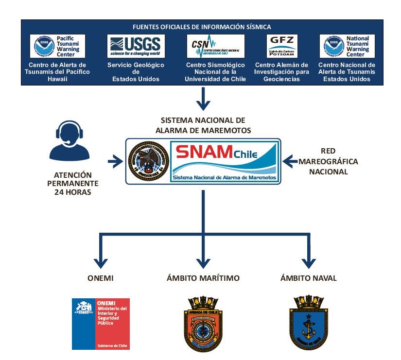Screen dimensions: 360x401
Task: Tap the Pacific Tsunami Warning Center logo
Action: (57, 46)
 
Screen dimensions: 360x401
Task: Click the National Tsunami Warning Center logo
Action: (347, 46)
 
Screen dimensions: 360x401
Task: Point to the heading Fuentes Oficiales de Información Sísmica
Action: (202, 27)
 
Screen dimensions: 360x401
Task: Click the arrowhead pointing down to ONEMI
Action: (100, 262)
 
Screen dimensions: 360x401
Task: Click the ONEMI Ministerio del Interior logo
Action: (101, 323)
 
